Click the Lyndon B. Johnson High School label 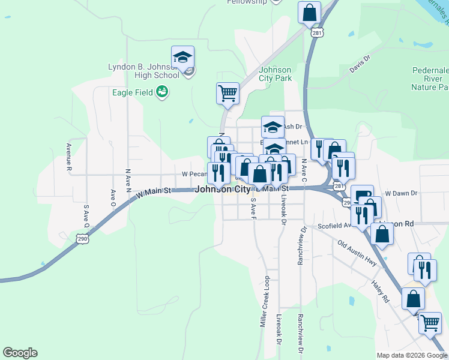coord(143,71)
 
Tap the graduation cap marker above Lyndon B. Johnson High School coord(182,58)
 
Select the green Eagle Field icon coord(161,92)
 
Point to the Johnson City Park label coord(275,74)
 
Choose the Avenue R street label coord(68,157)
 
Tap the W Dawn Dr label coord(401,193)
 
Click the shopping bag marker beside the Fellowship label coord(309,12)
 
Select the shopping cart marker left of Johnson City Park coord(228,94)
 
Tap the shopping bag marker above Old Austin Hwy coord(382,234)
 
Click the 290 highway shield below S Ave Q coord(83,239)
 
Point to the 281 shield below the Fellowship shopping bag coord(317,34)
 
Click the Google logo coord(20,353)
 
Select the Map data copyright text coord(411,355)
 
